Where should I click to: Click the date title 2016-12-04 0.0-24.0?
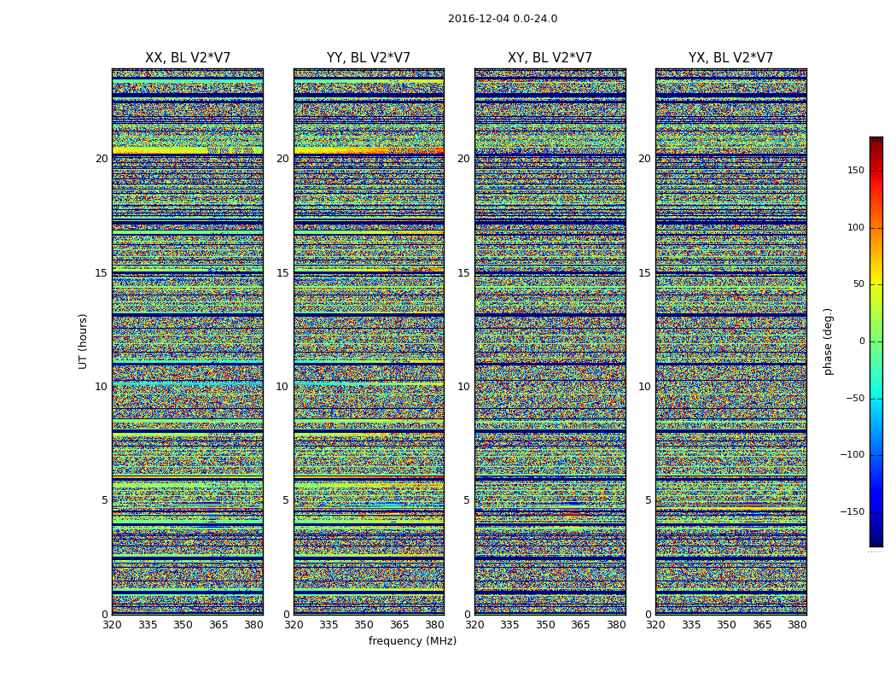coord(503,19)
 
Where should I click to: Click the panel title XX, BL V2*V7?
coord(188,58)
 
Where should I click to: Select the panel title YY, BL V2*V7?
coord(369,58)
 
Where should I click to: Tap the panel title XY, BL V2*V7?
coord(550,58)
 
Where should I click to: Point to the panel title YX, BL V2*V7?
coord(730,58)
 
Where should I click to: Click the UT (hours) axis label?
coord(83,341)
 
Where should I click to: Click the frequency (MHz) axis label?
coord(412,641)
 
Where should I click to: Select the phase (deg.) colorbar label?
coord(828,341)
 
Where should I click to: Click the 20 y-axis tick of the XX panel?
coord(102,159)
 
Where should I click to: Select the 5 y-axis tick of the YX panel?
coord(648,500)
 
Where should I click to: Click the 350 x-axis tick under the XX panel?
coord(183,625)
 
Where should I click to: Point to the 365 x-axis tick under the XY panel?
coord(580,625)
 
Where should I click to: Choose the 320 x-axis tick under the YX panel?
coord(655,625)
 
